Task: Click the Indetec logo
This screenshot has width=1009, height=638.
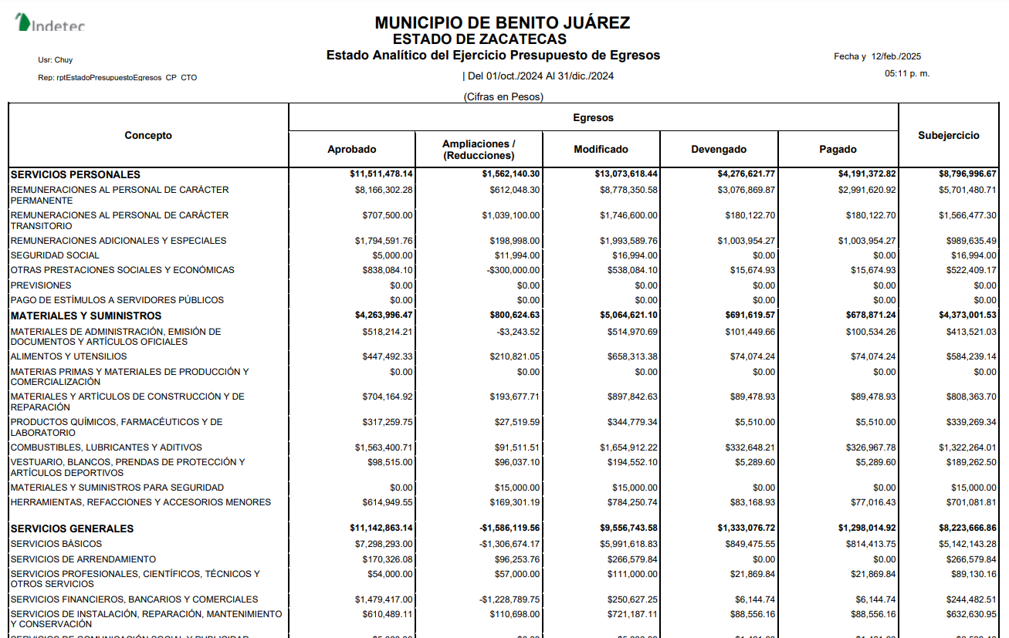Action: click(x=50, y=23)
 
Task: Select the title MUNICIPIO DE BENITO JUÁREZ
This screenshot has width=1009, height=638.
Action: click(x=502, y=23)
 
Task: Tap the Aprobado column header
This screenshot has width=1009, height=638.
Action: click(x=351, y=150)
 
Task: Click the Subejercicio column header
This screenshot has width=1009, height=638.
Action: click(x=948, y=136)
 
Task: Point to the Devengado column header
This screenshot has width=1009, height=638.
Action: click(x=718, y=150)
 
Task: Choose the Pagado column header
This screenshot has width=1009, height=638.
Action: click(x=838, y=150)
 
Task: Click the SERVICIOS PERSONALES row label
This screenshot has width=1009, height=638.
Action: click(x=76, y=175)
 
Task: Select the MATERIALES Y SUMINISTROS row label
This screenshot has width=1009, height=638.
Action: click(x=86, y=316)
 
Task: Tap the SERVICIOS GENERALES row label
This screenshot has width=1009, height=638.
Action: click(x=72, y=528)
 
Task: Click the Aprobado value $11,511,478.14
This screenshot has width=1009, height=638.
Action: click(x=381, y=174)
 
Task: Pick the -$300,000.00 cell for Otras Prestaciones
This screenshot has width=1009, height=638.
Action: click(x=513, y=270)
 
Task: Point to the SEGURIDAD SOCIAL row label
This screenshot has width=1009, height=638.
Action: click(x=55, y=255)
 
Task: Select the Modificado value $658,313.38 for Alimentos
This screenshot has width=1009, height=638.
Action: click(x=628, y=356)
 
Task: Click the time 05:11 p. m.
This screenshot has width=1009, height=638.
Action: click(x=907, y=74)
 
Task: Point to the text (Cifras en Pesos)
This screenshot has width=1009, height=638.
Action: click(x=503, y=96)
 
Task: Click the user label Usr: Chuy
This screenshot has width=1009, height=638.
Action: click(x=56, y=59)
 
